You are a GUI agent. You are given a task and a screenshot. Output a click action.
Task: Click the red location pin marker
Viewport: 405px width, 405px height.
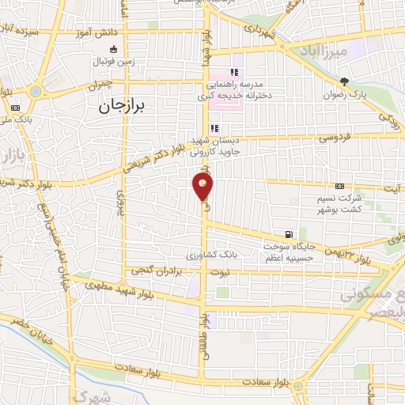click(203, 187)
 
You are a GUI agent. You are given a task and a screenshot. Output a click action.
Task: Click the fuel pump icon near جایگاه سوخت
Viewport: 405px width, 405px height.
click(288, 234)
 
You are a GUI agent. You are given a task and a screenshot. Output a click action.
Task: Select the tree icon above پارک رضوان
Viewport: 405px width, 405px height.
click(344, 81)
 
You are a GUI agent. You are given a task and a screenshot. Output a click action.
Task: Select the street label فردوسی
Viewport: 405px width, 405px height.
click(335, 136)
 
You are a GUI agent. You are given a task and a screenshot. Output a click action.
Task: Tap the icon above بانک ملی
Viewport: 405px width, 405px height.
click(15, 106)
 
